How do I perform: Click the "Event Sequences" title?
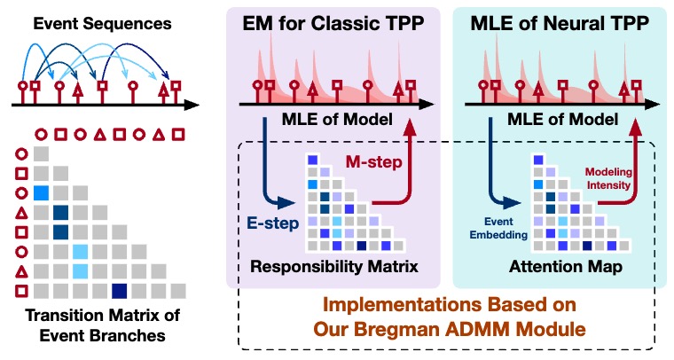102,24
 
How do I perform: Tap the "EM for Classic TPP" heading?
333,23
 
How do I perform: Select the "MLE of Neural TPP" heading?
560,23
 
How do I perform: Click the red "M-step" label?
374,162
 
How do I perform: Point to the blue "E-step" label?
272,223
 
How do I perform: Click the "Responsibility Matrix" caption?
334,266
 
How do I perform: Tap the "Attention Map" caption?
566,267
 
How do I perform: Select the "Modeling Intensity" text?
608,179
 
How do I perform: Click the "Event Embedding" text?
498,228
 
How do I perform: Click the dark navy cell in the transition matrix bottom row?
119,291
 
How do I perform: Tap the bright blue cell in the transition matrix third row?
42,193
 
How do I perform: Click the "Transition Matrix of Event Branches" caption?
102,325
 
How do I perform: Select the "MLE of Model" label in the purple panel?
337,120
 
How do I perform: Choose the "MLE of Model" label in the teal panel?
562,120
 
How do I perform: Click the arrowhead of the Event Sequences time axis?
192,105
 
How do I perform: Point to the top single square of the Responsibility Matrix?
312,160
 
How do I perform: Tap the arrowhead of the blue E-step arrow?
288,203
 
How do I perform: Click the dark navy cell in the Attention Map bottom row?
587,246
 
